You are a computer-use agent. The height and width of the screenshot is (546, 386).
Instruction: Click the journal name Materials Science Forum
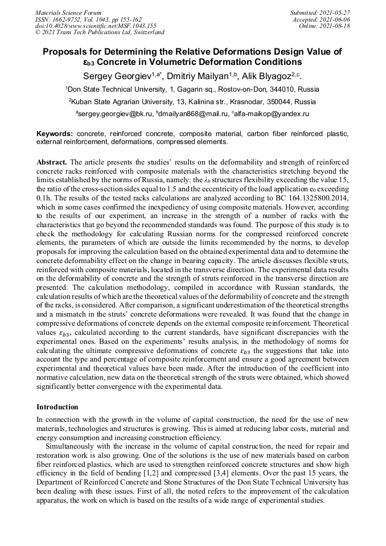click(68, 13)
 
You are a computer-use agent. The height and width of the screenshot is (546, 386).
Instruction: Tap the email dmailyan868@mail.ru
click(190, 114)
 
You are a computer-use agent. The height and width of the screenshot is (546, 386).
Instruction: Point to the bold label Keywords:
click(55, 134)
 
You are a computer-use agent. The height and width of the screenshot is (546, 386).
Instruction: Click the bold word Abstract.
click(52, 162)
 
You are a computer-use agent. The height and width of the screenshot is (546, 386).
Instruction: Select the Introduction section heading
click(58, 407)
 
